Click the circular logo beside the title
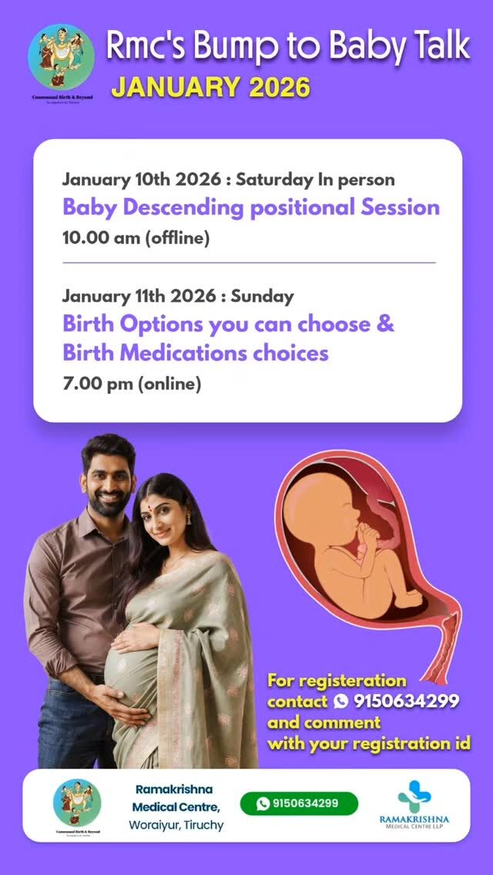[x=61, y=57]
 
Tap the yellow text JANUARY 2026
[x=210, y=87]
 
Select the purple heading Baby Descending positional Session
[x=250, y=207]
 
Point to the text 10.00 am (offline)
[x=136, y=238]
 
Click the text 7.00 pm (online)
[x=131, y=383]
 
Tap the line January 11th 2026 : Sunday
[x=178, y=296]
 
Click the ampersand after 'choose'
[x=385, y=324]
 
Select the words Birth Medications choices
[x=196, y=353]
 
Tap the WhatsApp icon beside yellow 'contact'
[x=340, y=701]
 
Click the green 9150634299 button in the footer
[x=298, y=803]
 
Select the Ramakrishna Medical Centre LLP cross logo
[x=414, y=796]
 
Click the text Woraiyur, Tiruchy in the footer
[x=176, y=826]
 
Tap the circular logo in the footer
[x=77, y=803]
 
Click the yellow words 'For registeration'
[x=337, y=680]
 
